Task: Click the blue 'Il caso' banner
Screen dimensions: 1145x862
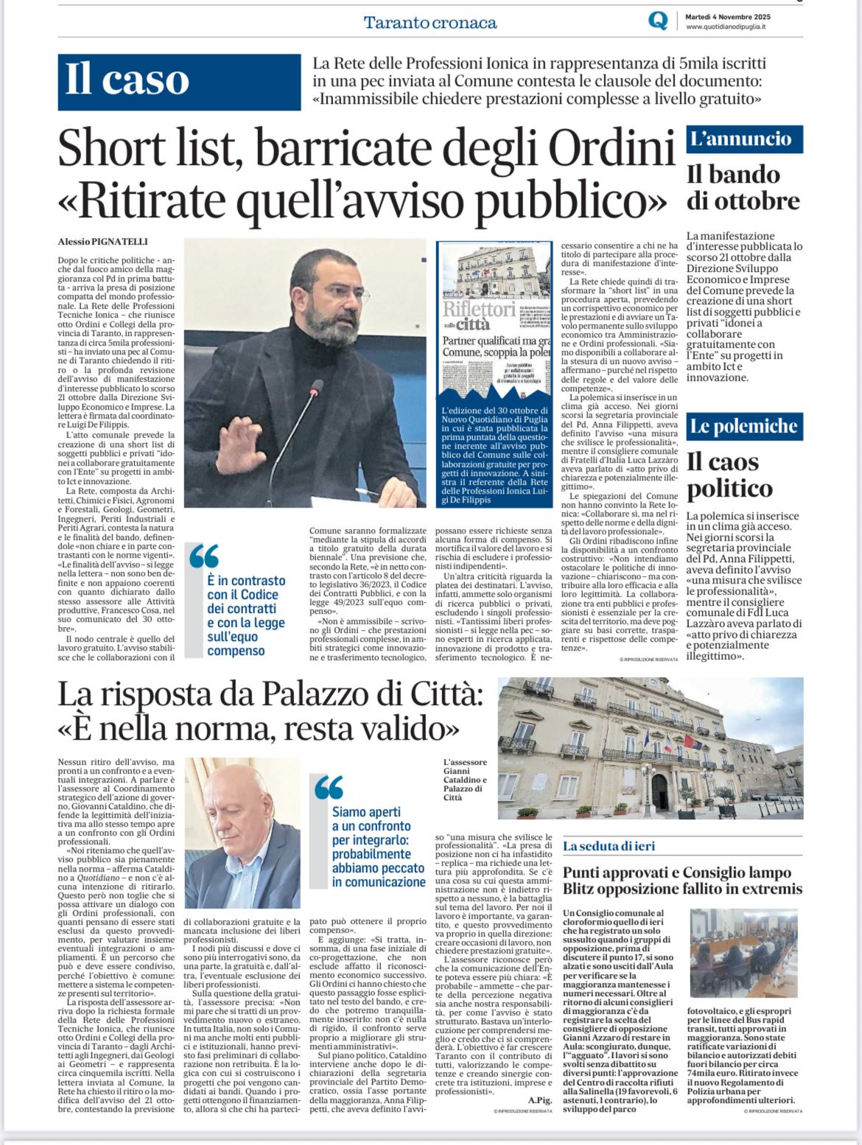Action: click(x=179, y=81)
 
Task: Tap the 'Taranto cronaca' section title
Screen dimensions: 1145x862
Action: click(x=430, y=22)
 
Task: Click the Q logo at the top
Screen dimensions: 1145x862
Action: click(x=657, y=21)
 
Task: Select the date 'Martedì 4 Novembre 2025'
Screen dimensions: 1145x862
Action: click(x=728, y=16)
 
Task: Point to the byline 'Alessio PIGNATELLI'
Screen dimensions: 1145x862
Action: click(x=103, y=242)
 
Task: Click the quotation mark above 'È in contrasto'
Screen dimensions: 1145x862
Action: click(x=204, y=556)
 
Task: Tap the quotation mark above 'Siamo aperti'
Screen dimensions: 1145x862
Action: click(x=329, y=787)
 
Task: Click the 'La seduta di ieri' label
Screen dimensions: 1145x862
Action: click(x=609, y=846)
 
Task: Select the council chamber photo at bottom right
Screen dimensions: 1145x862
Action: click(x=743, y=953)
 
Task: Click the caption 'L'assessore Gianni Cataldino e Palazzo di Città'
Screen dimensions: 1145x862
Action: click(x=465, y=780)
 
